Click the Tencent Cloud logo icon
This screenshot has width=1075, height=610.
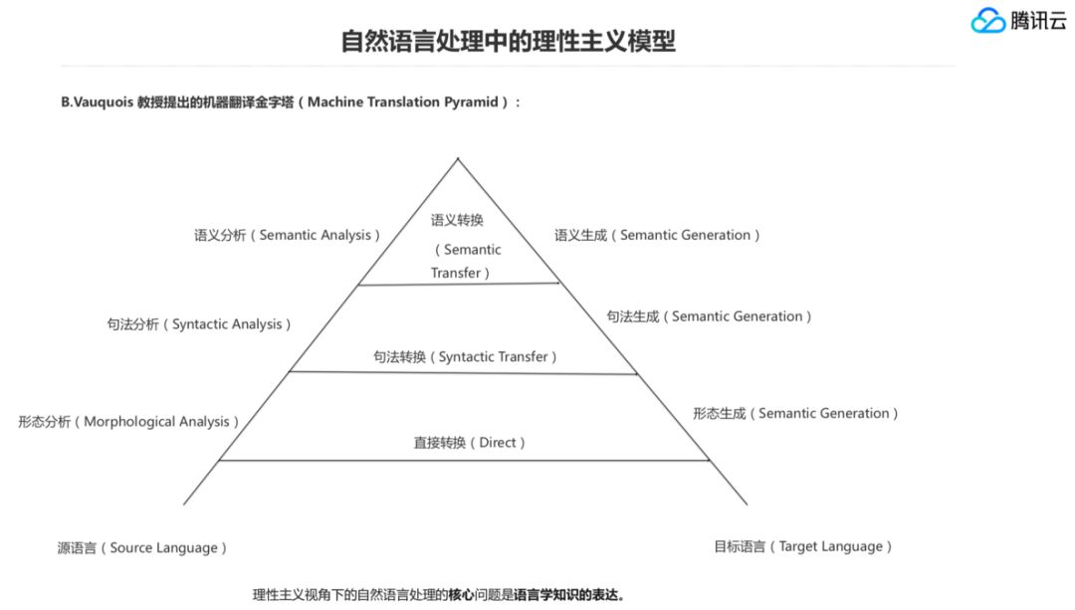click(x=988, y=21)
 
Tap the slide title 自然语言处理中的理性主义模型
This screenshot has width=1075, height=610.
click(x=509, y=42)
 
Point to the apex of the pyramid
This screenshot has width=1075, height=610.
click(x=458, y=158)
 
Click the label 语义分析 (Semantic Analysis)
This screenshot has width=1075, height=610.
click(x=288, y=235)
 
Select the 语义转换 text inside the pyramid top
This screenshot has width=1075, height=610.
click(x=457, y=220)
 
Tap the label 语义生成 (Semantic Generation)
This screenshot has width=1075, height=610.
click(x=658, y=235)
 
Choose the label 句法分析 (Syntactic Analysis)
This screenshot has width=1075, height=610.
click(x=200, y=324)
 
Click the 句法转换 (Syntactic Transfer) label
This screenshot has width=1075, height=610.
click(x=465, y=356)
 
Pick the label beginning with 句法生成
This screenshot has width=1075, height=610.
click(x=710, y=316)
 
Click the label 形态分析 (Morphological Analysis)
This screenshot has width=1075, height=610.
click(x=128, y=421)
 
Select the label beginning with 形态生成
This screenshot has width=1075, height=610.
click(x=795, y=413)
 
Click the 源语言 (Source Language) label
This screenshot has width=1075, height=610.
click(x=142, y=547)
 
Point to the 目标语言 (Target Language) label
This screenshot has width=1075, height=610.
click(x=802, y=546)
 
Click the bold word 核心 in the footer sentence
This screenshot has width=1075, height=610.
click(x=461, y=595)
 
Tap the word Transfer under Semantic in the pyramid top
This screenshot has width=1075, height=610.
click(x=457, y=273)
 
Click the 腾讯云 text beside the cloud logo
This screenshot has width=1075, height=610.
click(x=1038, y=21)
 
